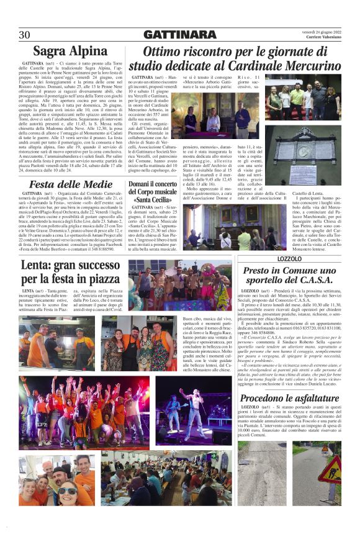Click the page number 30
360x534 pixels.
click(25, 34)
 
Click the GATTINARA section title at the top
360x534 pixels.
click(179, 34)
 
